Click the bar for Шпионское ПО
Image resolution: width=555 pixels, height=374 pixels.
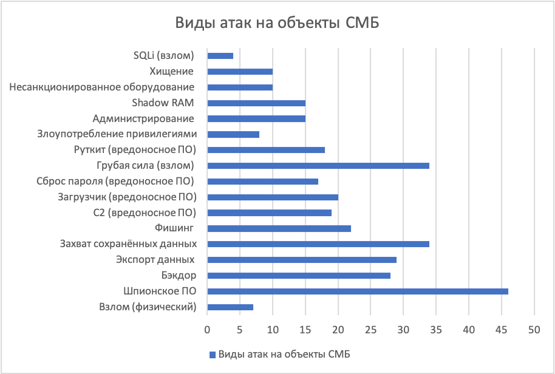tap(358, 291)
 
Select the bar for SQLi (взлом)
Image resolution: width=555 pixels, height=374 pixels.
tap(220, 56)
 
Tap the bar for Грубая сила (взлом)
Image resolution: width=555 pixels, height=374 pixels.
tap(318, 166)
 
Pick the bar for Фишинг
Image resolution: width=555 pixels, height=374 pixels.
tap(279, 228)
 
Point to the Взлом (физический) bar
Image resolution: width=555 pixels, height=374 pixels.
tap(230, 307)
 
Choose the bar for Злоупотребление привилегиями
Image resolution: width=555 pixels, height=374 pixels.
tap(233, 134)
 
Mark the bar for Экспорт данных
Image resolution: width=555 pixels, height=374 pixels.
tap(302, 260)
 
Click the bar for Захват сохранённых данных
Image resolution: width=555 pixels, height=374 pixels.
tap(318, 244)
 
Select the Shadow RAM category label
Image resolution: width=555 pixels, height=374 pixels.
tap(163, 103)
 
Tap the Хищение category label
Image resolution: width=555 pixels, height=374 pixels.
tap(171, 71)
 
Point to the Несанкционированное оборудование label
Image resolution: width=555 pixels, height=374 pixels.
tap(102, 87)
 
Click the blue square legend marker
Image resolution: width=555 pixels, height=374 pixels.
tap(212, 355)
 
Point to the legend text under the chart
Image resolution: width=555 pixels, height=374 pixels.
tap(285, 355)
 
